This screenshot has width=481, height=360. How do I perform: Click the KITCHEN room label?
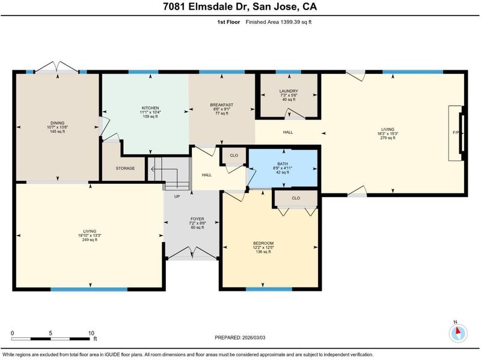pos(150,108)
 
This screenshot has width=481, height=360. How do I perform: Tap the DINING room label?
pos(57,123)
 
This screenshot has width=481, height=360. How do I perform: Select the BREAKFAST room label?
pos(221,105)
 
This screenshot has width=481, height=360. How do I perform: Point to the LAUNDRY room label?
pos(289,91)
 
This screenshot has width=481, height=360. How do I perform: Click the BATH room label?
pos(283,164)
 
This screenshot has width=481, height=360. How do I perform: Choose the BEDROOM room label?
pos(263,243)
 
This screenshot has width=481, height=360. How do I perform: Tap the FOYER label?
pos(197,219)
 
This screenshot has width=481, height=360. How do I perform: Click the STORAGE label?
pos(125,168)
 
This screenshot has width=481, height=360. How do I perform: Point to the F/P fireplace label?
pos(456,133)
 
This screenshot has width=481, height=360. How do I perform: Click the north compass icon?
pos(458,332)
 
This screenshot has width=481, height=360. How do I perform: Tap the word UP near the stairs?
pos(177,197)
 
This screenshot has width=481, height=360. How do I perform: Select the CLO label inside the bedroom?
pos(296,198)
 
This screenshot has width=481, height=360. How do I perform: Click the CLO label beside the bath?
pos(234,156)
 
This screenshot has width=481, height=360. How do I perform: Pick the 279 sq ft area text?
pos(388,138)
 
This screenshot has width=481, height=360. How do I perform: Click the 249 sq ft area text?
pos(90,240)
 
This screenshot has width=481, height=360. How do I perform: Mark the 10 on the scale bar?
pos(91,334)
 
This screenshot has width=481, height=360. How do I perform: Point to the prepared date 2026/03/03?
pos(254,338)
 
